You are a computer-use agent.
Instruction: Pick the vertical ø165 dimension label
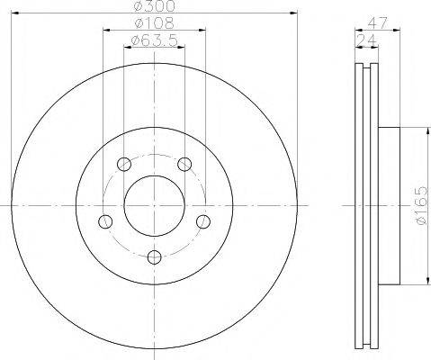click(x=418, y=207)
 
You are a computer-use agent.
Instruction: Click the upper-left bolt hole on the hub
click(x=124, y=164)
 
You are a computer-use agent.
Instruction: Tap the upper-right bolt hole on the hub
click(x=184, y=163)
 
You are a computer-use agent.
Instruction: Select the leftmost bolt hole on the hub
click(x=105, y=221)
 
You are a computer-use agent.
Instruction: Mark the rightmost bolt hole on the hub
click(x=203, y=221)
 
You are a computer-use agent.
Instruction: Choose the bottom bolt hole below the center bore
click(x=154, y=257)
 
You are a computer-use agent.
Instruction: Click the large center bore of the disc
click(x=154, y=205)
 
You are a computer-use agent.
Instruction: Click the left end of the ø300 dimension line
click(x=13, y=13)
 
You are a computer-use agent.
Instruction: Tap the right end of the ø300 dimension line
click(x=297, y=13)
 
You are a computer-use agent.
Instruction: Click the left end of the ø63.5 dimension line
click(x=124, y=47)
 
